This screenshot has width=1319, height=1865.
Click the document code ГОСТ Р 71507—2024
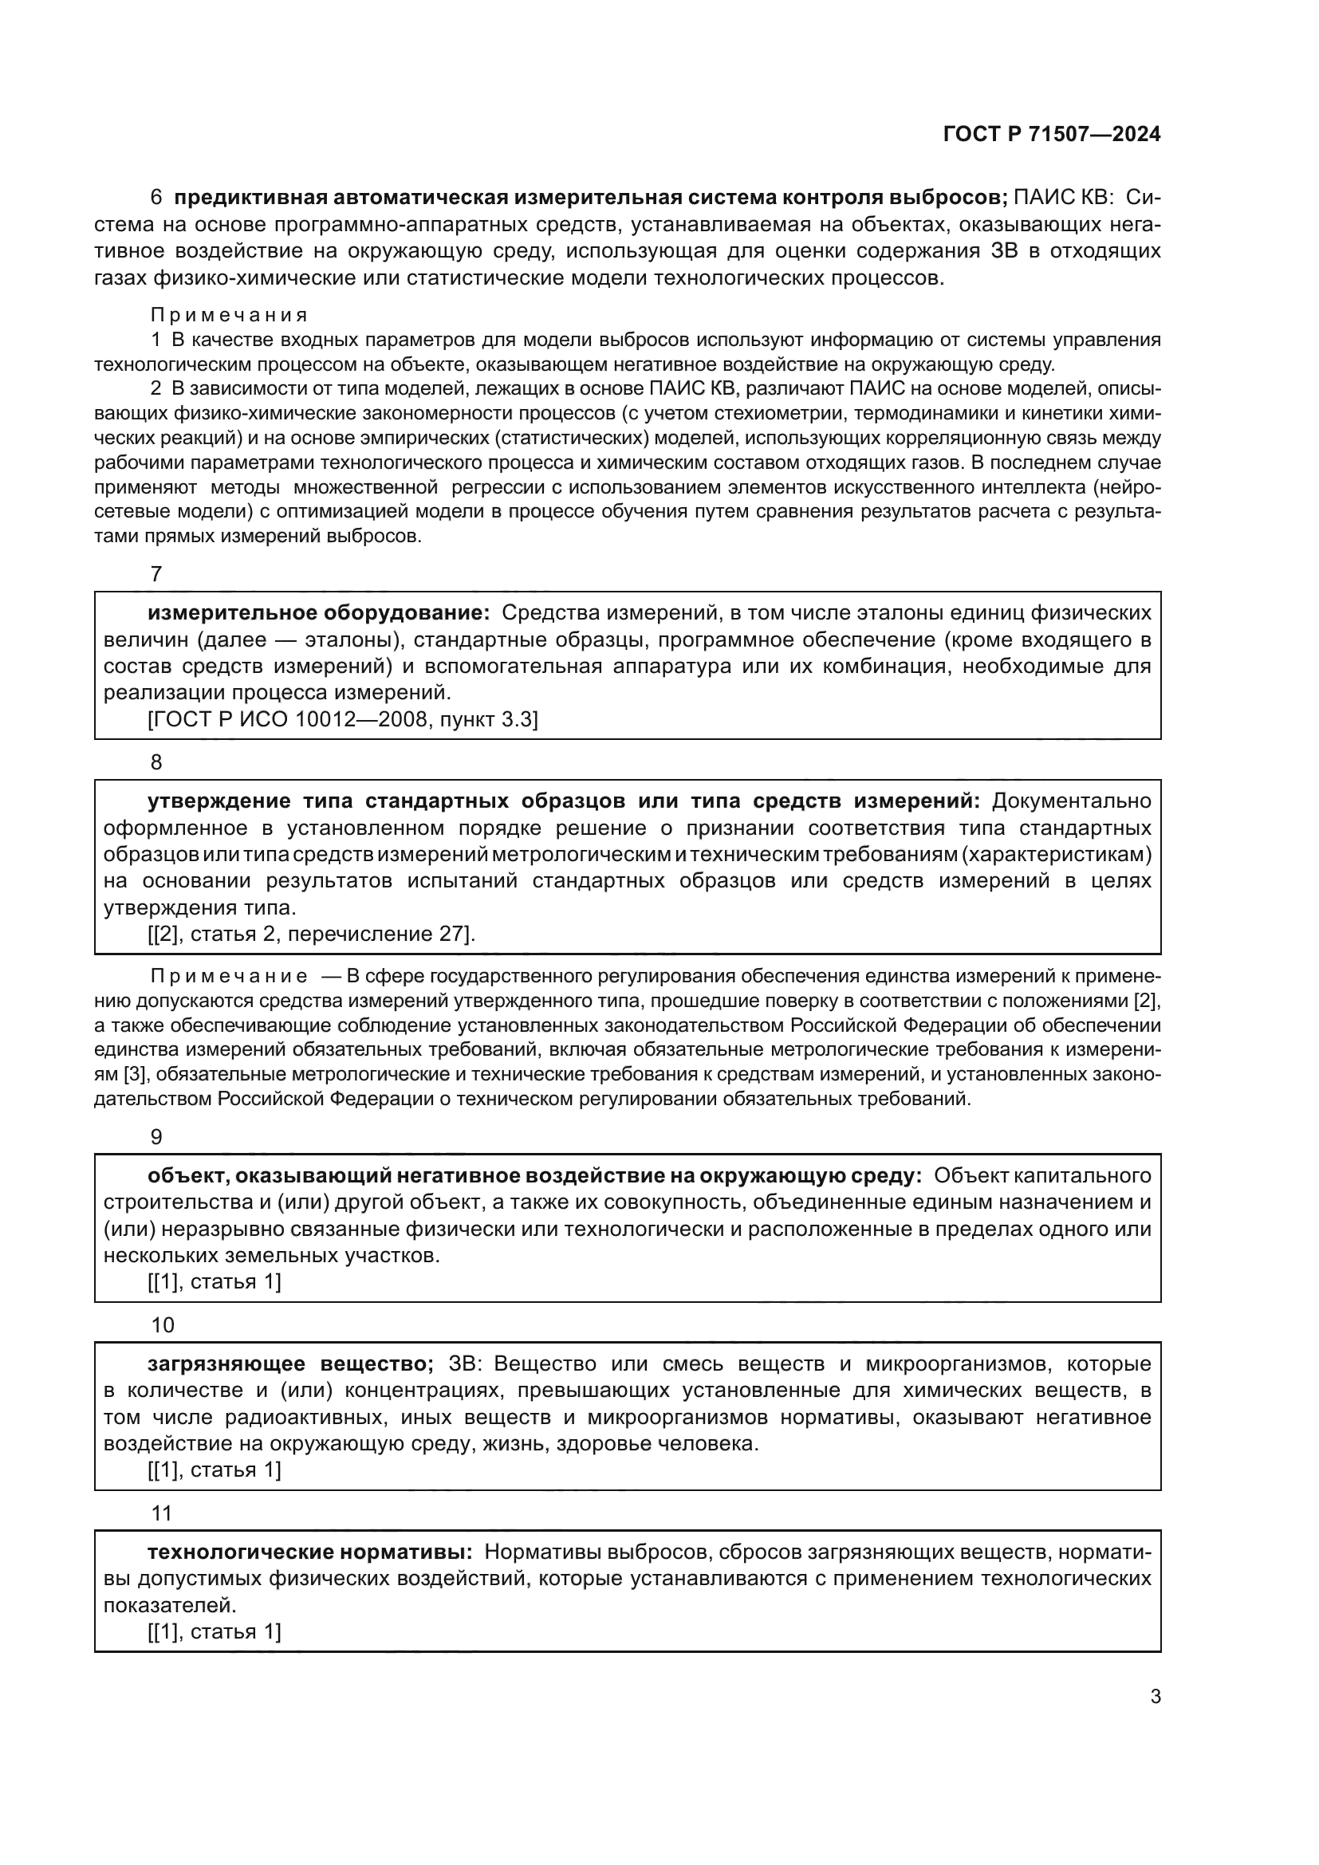1052,135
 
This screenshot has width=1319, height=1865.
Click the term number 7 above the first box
157,574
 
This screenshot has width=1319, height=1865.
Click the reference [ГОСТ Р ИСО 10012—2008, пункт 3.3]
343,720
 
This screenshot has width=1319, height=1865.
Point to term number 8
157,762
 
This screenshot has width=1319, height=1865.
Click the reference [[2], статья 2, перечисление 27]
311,934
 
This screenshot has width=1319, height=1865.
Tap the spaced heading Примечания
229,314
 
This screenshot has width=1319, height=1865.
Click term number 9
157,1137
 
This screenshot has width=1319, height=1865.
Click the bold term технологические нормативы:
309,1552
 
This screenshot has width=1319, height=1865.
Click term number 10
163,1325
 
